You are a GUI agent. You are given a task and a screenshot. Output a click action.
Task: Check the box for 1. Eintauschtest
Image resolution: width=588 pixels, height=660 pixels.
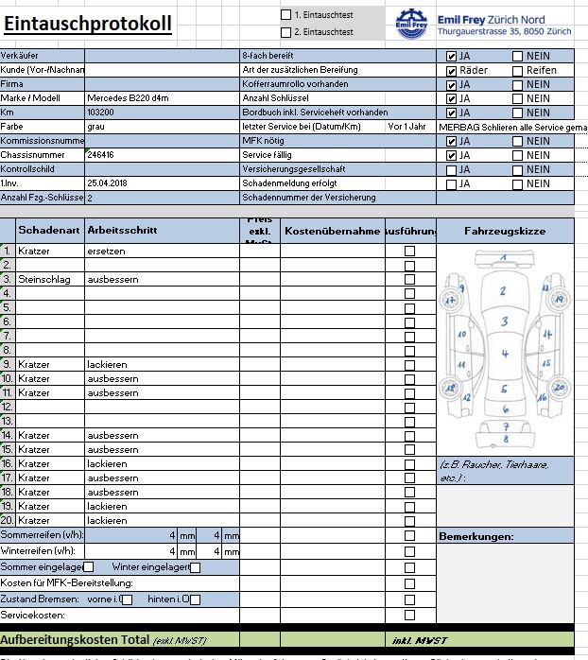click(286, 14)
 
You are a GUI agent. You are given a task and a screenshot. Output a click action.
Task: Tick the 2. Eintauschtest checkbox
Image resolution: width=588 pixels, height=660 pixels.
click(286, 31)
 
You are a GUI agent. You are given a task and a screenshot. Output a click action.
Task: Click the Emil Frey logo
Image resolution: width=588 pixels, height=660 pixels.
click(413, 25)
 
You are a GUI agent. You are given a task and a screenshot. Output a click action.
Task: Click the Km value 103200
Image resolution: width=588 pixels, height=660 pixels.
click(101, 112)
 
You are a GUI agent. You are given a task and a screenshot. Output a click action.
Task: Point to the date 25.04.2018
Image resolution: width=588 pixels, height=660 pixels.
click(107, 182)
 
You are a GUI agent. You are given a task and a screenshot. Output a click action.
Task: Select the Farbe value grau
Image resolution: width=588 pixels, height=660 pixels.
click(95, 126)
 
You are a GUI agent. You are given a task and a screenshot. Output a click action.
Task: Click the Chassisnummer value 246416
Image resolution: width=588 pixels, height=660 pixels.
click(101, 154)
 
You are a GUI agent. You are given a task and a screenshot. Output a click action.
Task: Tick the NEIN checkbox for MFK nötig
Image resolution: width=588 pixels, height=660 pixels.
click(517, 141)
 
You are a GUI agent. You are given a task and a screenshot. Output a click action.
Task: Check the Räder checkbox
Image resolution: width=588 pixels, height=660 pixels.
click(451, 70)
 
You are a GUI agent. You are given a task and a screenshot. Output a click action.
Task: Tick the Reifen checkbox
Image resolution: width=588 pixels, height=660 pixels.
click(517, 70)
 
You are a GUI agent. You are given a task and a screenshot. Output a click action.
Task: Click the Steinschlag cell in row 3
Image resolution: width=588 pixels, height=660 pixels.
click(45, 279)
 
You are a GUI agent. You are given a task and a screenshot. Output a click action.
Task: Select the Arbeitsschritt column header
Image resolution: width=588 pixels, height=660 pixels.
click(122, 230)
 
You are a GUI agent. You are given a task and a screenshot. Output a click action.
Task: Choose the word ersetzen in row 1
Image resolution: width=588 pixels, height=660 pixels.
click(106, 251)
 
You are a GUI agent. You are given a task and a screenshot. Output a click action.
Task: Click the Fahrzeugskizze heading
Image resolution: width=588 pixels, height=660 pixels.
click(505, 231)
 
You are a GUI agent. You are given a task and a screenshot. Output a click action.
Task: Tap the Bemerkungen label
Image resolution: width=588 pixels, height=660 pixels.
click(476, 536)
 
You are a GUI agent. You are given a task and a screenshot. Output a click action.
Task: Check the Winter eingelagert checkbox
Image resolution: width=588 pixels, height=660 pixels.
click(195, 567)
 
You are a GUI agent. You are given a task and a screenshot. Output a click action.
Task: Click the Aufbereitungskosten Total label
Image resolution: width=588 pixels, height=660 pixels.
click(75, 641)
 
